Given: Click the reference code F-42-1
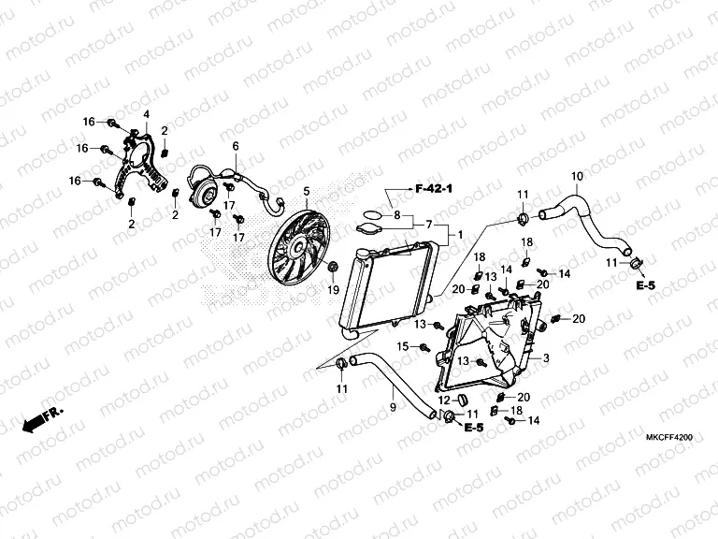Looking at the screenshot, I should coord(433,190).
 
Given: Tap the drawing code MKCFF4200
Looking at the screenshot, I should coord(668,437).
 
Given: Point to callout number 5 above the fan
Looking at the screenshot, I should coord(305,192).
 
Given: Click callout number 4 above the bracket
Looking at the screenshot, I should coord(146,114).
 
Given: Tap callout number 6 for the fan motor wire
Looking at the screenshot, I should coord(236,146).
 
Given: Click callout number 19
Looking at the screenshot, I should coord(332,290).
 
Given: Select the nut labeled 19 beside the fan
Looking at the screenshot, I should coord(334,268).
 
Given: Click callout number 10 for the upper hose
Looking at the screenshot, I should coord(577,177).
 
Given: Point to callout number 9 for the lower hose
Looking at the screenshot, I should coord(392,407).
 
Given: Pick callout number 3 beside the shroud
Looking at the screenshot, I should coord(546,358).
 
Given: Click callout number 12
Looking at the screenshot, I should coord(444,400).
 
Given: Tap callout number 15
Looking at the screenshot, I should coord(404,346).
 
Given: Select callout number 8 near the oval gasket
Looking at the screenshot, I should coord(396,216).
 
